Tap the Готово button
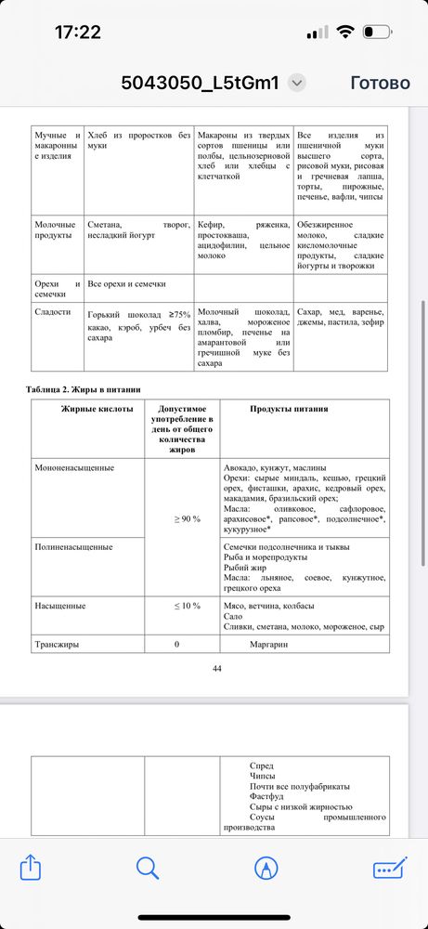click(x=380, y=83)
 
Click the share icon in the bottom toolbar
click(x=31, y=868)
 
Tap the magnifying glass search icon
click(x=148, y=868)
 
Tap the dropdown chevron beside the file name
click(x=296, y=83)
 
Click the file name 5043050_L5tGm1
click(x=200, y=83)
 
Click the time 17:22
click(x=77, y=33)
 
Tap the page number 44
click(x=216, y=668)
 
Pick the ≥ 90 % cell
click(x=188, y=518)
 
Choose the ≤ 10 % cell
click(x=187, y=606)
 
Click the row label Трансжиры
click(x=58, y=644)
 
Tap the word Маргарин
click(x=276, y=644)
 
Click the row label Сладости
click(x=52, y=312)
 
